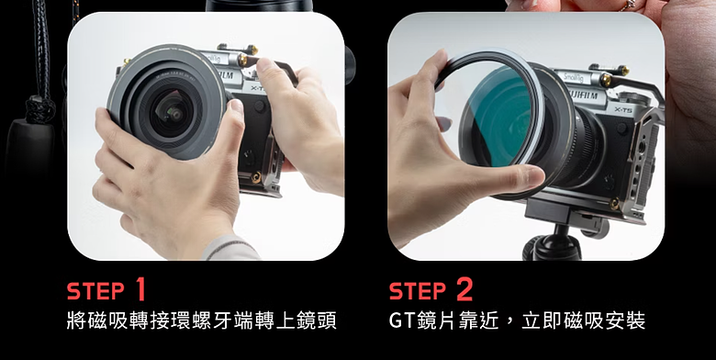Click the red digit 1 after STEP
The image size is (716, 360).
tap(140, 289)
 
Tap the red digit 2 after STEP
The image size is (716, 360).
tap(464, 289)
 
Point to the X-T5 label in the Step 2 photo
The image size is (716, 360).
tap(623, 109)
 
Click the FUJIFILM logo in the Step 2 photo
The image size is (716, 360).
tap(584, 96)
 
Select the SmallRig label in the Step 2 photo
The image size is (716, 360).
tap(574, 78)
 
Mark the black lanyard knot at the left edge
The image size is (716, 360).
tap(39, 109)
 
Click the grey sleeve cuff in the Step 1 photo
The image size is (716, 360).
tap(230, 248)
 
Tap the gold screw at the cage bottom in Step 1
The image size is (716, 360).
tap(256, 177)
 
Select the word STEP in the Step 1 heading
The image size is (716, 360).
tap(95, 291)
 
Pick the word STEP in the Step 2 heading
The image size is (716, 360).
tap(418, 291)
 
